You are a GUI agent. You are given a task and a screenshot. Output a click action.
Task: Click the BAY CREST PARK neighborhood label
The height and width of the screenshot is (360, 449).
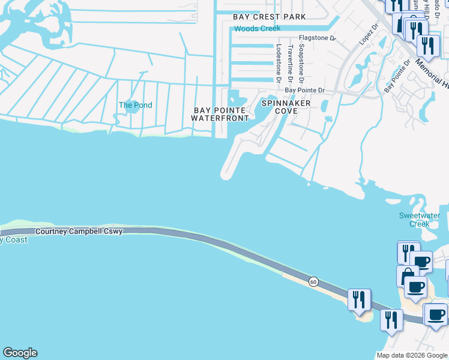pyautogui.click(x=270, y=17)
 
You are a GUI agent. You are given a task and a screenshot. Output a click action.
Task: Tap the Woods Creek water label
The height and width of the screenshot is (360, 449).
pyautogui.click(x=258, y=29)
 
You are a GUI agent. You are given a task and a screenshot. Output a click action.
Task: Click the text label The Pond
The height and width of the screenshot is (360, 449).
pyautogui.click(x=135, y=105)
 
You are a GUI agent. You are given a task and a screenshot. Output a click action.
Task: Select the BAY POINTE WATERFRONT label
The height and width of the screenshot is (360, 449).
pyautogui.click(x=220, y=114)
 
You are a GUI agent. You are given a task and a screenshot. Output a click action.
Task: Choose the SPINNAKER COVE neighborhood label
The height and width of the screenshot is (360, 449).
pyautogui.click(x=286, y=107)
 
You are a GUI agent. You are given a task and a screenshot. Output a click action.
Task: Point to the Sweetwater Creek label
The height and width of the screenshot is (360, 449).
pyautogui.click(x=420, y=220)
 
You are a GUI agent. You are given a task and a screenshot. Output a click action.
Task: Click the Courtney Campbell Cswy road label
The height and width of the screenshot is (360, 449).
pyautogui.click(x=79, y=232)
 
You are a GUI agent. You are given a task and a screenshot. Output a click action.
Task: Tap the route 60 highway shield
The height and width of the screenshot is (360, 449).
pyautogui.click(x=313, y=281)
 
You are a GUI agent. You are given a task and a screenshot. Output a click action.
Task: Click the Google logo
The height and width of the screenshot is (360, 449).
pyautogui.click(x=20, y=353)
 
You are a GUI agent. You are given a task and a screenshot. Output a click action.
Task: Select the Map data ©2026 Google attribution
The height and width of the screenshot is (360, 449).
pyautogui.click(x=412, y=355)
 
